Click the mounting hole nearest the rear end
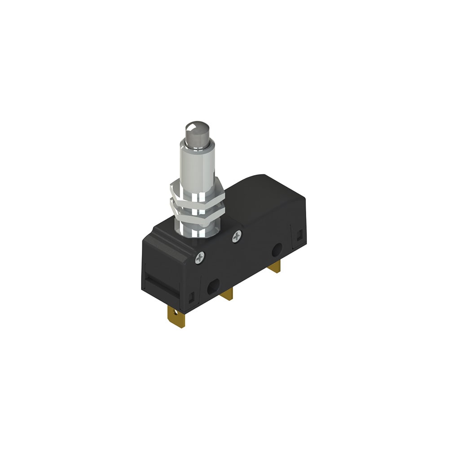tap(277, 249)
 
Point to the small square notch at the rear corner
tap(298, 235)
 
